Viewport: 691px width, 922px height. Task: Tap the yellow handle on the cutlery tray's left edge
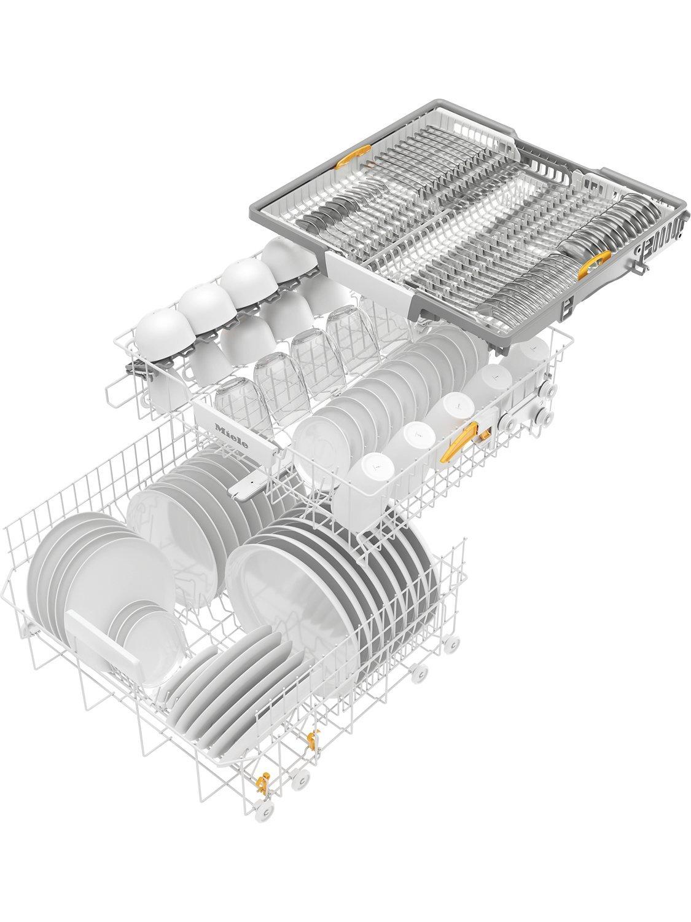point(353,156)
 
